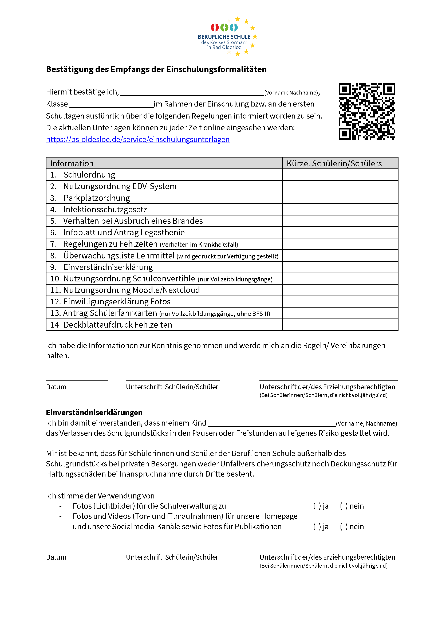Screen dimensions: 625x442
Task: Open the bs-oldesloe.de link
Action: (138, 139)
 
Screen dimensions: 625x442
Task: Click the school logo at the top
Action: (227, 36)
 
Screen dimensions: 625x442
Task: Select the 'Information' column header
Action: (72, 163)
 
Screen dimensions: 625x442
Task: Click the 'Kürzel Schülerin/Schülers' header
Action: (334, 163)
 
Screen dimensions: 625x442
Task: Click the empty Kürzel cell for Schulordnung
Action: (340, 175)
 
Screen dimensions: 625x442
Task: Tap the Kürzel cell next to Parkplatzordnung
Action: (340, 198)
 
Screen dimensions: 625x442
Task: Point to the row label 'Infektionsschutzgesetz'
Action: (105, 209)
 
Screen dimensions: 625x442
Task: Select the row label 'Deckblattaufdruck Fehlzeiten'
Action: (118, 325)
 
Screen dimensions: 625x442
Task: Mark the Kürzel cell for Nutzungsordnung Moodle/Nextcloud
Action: (340, 290)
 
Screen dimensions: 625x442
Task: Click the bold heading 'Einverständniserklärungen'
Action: (94, 412)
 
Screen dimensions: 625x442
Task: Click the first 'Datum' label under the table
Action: (56, 387)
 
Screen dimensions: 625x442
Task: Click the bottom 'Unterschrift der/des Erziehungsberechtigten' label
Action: (327, 557)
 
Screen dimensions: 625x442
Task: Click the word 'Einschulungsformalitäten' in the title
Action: (216, 69)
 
